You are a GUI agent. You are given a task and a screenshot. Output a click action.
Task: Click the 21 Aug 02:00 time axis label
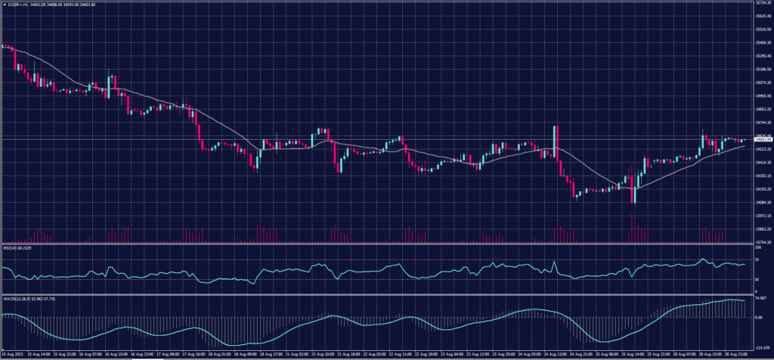296,352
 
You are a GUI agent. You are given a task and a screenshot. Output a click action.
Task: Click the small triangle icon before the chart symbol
4,3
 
